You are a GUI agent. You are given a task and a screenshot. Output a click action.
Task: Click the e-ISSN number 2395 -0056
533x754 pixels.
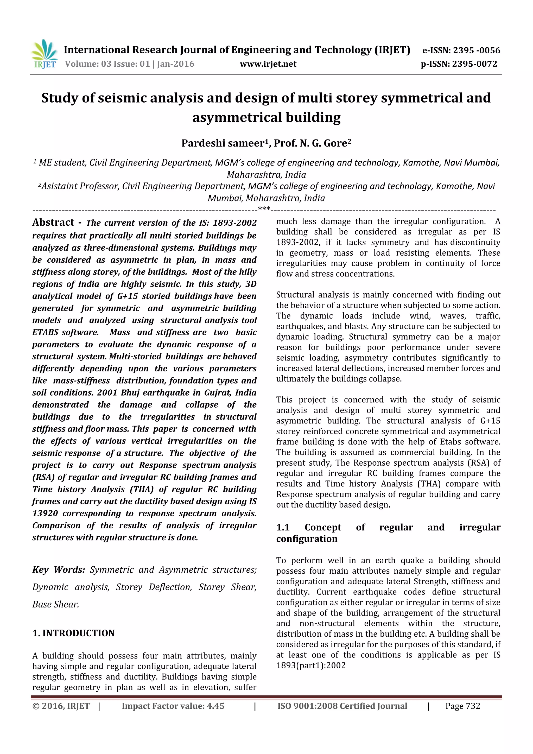pyautogui.click(x=476, y=50)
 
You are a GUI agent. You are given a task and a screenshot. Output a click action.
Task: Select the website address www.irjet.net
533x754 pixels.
pyautogui.click(x=268, y=64)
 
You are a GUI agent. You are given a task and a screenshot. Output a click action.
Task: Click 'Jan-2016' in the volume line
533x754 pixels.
pyautogui.click(x=175, y=64)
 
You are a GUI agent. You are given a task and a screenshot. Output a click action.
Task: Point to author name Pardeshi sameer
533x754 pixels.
pyautogui.click(x=222, y=143)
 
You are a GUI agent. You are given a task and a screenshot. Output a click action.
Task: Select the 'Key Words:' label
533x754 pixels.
pyautogui.click(x=59, y=570)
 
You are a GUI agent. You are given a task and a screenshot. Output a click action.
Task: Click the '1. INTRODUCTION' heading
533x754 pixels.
pyautogui.click(x=74, y=633)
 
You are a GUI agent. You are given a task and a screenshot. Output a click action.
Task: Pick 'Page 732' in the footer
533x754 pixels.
pyautogui.click(x=462, y=706)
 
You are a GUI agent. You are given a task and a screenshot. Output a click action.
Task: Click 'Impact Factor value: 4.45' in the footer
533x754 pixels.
pyautogui.click(x=173, y=706)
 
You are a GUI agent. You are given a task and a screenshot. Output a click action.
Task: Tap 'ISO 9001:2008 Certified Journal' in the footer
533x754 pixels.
pyautogui.click(x=342, y=706)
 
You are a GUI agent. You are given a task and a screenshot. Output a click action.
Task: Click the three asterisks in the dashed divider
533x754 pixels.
pyautogui.click(x=264, y=209)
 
